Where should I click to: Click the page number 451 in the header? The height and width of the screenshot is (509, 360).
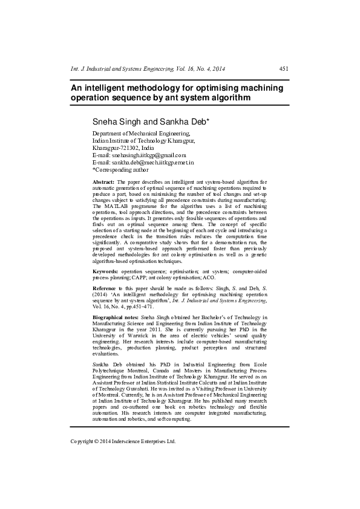click(x=283, y=70)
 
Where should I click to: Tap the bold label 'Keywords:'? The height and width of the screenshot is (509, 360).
click(x=105, y=273)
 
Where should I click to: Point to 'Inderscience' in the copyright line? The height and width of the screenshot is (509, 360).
click(x=131, y=441)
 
